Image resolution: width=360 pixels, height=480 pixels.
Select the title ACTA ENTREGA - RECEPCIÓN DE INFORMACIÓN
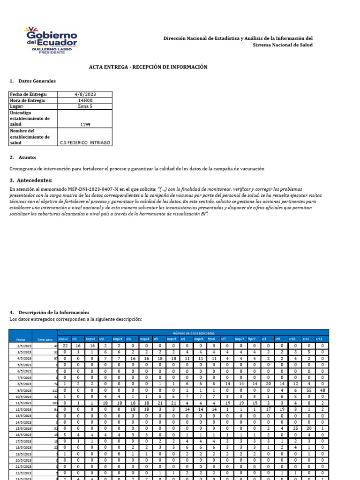click(148, 67)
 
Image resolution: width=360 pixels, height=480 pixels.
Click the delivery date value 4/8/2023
click(85, 94)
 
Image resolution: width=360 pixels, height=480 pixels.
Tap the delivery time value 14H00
click(85, 100)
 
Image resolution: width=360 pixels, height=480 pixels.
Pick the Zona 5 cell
click(85, 106)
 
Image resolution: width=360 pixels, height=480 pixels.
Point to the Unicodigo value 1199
click(85, 125)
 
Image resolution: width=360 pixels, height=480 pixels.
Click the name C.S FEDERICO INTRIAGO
click(85, 143)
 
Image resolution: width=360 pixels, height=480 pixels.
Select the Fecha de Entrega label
click(29, 94)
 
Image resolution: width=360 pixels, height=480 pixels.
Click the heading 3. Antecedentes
click(31, 180)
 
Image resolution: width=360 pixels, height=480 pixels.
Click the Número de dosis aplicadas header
click(193, 333)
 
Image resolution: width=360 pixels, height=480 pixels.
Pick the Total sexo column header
click(44, 339)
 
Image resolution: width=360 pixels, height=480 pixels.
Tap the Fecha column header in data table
click(21, 339)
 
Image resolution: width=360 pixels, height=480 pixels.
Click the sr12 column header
click(319, 339)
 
